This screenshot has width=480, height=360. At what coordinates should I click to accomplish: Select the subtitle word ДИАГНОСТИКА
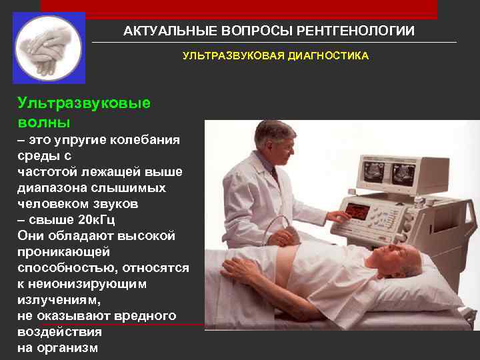pyautogui.click(x=329, y=57)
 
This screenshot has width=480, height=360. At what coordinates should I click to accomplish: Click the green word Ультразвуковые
pyautogui.click(x=84, y=103)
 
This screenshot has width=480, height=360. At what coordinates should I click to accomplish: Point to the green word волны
pyautogui.click(x=44, y=123)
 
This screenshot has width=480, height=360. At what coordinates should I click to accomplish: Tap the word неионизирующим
pyautogui.click(x=97, y=284)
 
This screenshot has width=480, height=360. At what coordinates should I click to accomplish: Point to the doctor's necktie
pyautogui.click(x=273, y=175)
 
